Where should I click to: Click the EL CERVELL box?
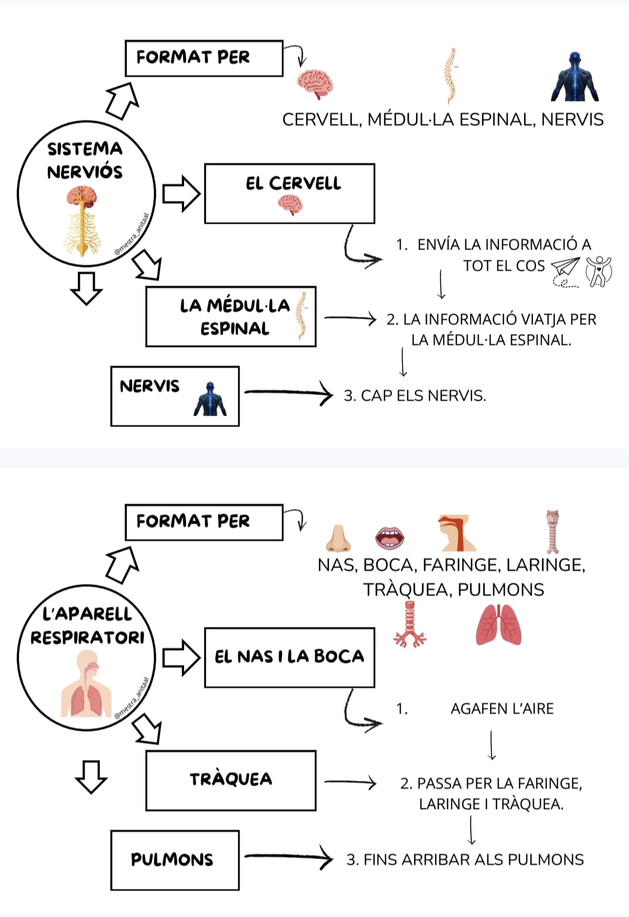point(289,193)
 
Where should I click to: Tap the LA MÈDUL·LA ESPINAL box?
point(230,317)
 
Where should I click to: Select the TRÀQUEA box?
point(230,780)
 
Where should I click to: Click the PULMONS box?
point(175,860)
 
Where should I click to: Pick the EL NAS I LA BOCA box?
point(289,658)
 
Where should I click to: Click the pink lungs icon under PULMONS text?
point(498,625)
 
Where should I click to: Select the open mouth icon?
point(390,538)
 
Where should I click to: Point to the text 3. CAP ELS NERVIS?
point(415,396)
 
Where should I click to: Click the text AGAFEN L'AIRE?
point(502,709)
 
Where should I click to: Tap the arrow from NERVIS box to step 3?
point(289,393)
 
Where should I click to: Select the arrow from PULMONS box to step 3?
point(289,857)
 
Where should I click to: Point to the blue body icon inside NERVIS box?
point(210,400)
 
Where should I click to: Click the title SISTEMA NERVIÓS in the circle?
point(85,160)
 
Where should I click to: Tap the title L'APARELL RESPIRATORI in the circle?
point(87,626)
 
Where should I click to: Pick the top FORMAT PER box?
point(204,58)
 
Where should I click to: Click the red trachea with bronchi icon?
point(410,625)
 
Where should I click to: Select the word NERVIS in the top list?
point(572,120)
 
